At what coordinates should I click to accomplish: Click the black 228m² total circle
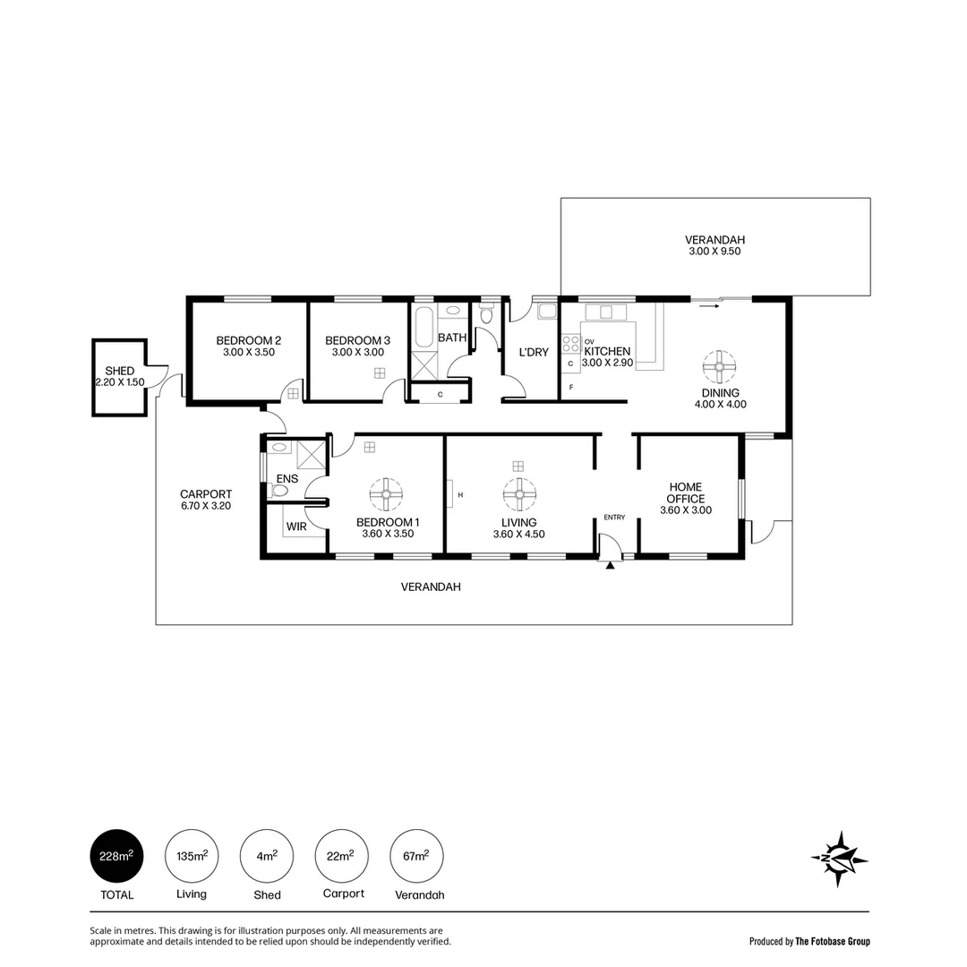[116, 856]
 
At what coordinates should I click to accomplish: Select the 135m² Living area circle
[192, 856]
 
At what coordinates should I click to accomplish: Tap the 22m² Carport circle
[342, 856]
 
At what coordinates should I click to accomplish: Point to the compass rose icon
[839, 859]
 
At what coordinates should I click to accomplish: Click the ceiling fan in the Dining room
[719, 365]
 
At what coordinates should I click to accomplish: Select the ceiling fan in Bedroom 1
[386, 493]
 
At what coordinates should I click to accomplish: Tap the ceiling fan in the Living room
[518, 493]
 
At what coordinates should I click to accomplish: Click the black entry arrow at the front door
[610, 565]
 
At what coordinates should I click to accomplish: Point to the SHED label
[120, 371]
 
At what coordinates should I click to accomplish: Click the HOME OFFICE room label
[685, 493]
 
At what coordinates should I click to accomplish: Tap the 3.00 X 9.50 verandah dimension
[715, 252]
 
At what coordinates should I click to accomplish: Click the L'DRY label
[534, 352]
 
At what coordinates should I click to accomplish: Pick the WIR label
[296, 526]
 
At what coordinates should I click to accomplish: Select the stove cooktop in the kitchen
[570, 344]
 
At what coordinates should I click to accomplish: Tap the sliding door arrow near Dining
[709, 306]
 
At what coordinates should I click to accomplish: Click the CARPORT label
[206, 494]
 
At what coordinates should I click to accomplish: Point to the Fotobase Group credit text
[809, 941]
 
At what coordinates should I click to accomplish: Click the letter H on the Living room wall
[460, 494]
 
